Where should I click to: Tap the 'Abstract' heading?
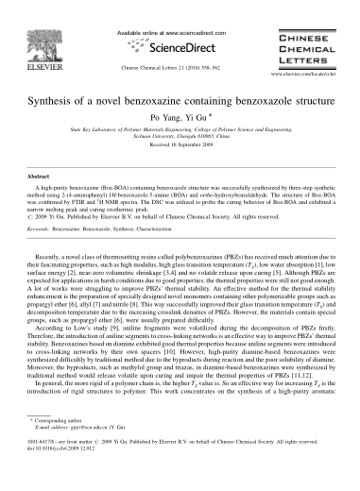click(38, 176)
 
